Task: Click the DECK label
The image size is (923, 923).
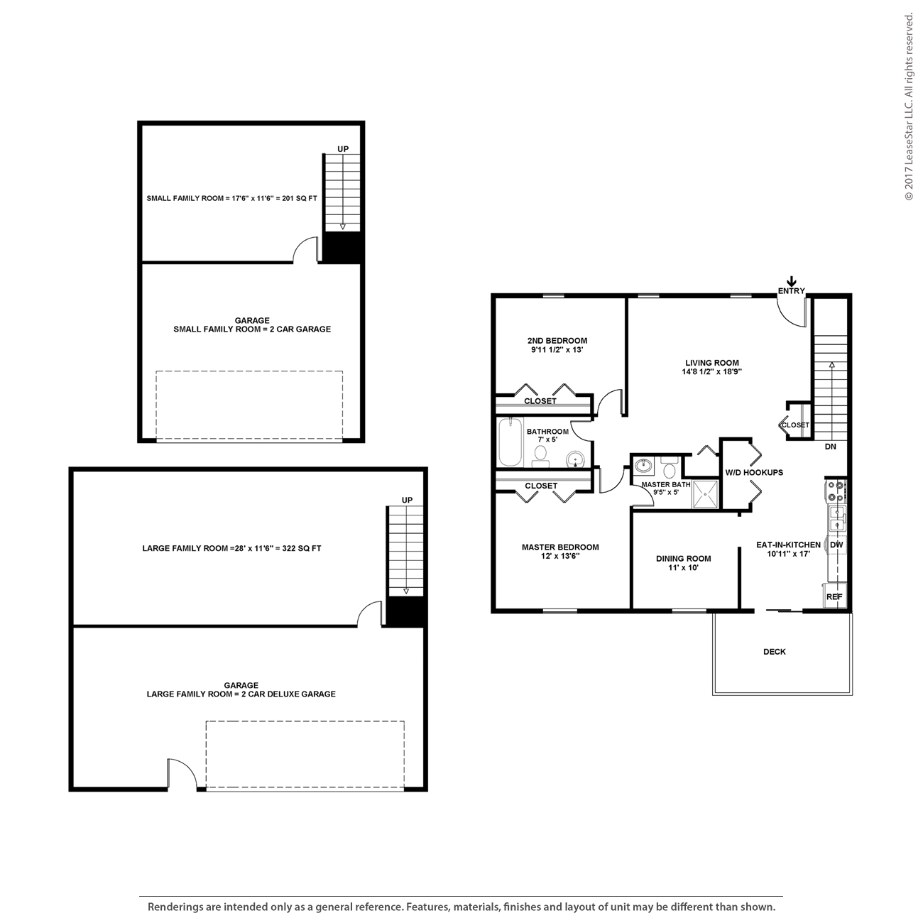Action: tap(774, 652)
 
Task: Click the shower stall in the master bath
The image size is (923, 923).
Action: tap(705, 494)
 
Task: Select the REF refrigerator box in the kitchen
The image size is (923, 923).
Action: tap(834, 596)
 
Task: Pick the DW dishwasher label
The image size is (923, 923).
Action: tap(836, 545)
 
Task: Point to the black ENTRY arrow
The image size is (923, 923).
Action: tap(792, 281)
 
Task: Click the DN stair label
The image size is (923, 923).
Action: tap(830, 447)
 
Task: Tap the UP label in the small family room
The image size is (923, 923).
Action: tap(343, 148)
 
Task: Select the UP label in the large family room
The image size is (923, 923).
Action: tap(407, 500)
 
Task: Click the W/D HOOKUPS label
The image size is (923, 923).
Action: tap(754, 473)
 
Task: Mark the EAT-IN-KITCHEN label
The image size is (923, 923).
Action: tap(788, 545)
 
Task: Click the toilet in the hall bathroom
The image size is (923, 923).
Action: tap(540, 454)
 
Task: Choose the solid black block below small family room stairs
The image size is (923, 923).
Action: tap(343, 248)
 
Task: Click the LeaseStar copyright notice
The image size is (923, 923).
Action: tap(909, 106)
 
